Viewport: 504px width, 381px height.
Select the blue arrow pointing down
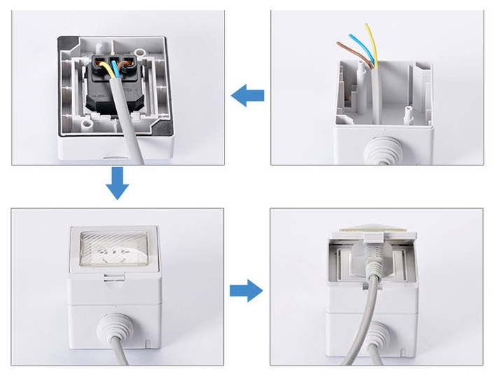[x=117, y=184]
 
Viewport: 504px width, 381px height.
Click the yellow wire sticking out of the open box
[x=371, y=43]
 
